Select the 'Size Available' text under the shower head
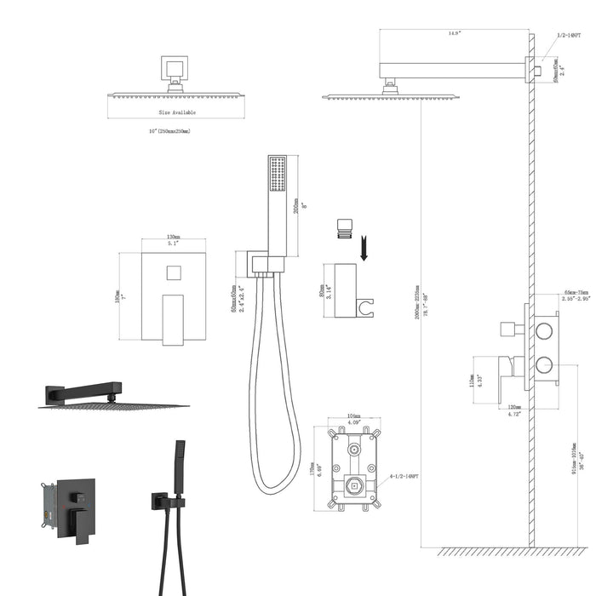[176, 112]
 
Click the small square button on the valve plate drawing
[173, 274]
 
